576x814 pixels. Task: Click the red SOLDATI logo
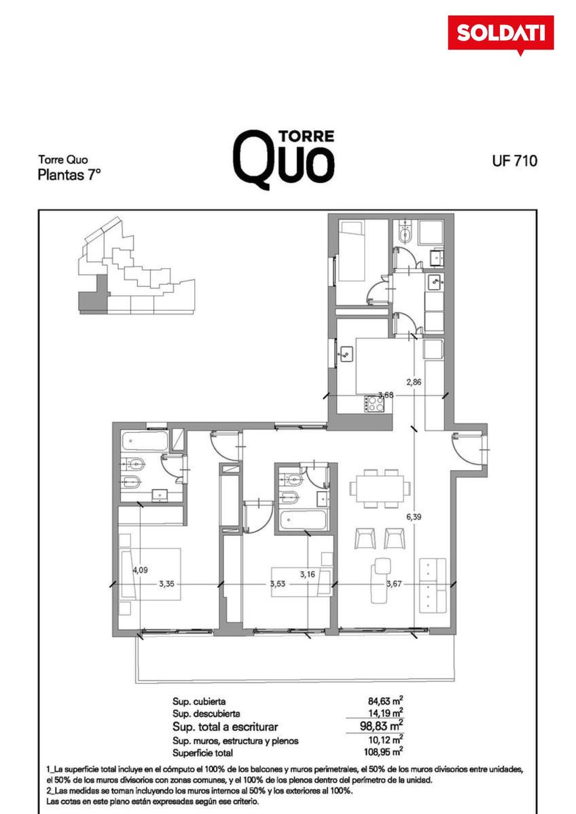(x=501, y=34)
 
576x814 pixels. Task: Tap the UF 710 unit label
(x=514, y=161)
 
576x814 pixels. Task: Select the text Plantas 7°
(x=69, y=175)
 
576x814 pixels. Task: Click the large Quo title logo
(x=284, y=159)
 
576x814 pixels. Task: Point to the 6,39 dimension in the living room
(x=414, y=516)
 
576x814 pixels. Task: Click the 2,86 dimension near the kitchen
(x=414, y=382)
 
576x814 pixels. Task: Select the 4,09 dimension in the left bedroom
(x=140, y=570)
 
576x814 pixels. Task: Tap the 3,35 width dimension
(x=166, y=584)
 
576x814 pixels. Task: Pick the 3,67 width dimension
(x=394, y=584)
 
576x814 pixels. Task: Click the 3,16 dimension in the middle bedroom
(x=308, y=575)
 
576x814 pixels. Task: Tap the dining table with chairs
(x=380, y=488)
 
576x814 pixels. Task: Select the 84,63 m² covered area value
(x=385, y=700)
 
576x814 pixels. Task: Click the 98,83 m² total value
(x=381, y=726)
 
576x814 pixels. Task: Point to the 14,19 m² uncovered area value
(x=385, y=713)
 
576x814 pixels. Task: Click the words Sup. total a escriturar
(x=225, y=726)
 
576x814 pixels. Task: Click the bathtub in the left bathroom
(x=145, y=441)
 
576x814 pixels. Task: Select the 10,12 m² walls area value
(x=385, y=739)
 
